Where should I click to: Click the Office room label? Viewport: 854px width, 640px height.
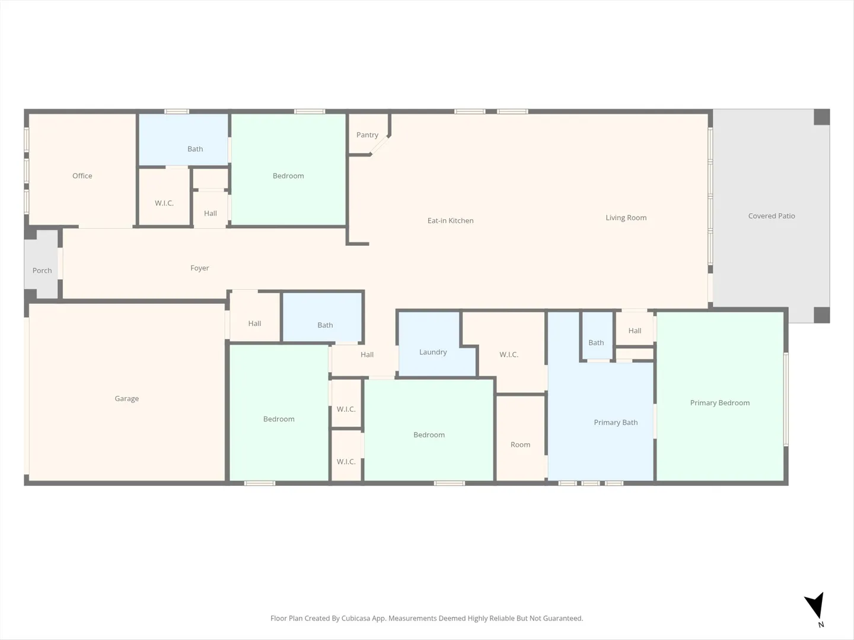[x=82, y=175]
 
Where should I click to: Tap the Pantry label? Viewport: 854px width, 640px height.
[x=367, y=135]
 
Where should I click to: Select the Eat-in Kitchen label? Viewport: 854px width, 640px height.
[x=451, y=220]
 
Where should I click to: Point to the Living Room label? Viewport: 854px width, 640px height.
[x=626, y=218]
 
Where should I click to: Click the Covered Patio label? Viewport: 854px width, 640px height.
[x=772, y=216]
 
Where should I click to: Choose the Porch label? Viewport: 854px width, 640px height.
[x=42, y=270]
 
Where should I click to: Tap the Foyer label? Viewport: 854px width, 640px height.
[x=200, y=268]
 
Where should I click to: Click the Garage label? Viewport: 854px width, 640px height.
[x=127, y=399]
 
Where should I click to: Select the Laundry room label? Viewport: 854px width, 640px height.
[x=433, y=352]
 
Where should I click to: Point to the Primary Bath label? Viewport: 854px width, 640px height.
[x=616, y=423]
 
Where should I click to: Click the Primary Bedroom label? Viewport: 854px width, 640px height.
[x=720, y=403]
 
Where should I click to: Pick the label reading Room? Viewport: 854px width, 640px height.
[x=520, y=444]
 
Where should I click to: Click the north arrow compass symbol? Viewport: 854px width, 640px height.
[x=815, y=604]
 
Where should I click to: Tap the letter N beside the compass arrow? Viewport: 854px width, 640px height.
[x=821, y=625]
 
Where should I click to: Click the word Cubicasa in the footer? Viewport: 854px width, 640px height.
[x=356, y=618]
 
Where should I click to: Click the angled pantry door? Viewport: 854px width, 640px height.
[x=379, y=145]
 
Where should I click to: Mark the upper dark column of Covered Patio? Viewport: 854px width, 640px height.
[x=822, y=117]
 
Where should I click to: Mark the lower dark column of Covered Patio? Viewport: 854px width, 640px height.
[x=822, y=315]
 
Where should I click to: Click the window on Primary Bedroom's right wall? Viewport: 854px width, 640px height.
[x=786, y=399]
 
